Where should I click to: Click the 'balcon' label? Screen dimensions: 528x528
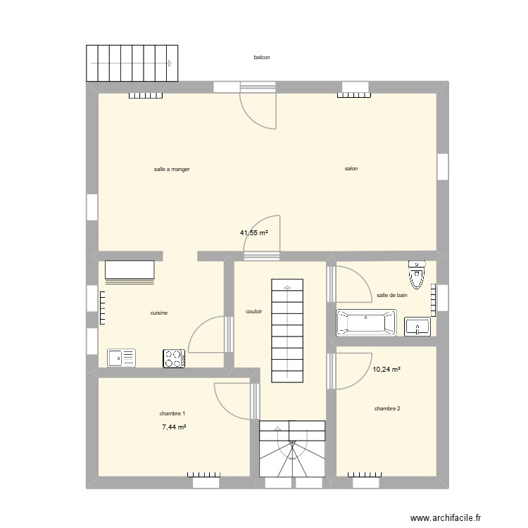click(x=262, y=58)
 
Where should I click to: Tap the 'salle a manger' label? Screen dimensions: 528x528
click(x=172, y=170)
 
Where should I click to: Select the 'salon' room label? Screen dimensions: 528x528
click(x=351, y=168)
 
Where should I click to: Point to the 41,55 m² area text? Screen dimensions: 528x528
click(x=254, y=232)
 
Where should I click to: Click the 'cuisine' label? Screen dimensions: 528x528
click(x=158, y=313)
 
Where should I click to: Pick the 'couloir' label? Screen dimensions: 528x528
click(x=253, y=311)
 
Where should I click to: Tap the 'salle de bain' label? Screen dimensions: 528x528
click(x=392, y=295)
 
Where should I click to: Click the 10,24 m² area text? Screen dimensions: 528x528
click(x=386, y=369)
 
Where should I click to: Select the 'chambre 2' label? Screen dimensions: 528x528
click(x=387, y=408)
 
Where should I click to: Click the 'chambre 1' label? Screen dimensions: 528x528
click(x=172, y=413)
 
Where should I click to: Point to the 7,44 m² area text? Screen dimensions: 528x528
click(x=174, y=427)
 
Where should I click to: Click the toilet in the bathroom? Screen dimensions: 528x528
click(x=417, y=275)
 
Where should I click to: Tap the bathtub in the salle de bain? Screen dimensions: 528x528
click(x=366, y=323)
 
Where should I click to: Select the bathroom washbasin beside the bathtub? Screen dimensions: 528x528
click(x=417, y=326)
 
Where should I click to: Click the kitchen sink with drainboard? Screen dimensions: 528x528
click(x=121, y=358)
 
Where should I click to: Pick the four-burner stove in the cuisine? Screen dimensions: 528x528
click(x=174, y=358)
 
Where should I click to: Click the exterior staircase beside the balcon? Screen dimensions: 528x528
click(x=132, y=63)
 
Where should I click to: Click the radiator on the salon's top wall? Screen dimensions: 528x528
click(x=354, y=95)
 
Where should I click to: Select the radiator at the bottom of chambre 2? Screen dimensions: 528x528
click(x=365, y=474)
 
